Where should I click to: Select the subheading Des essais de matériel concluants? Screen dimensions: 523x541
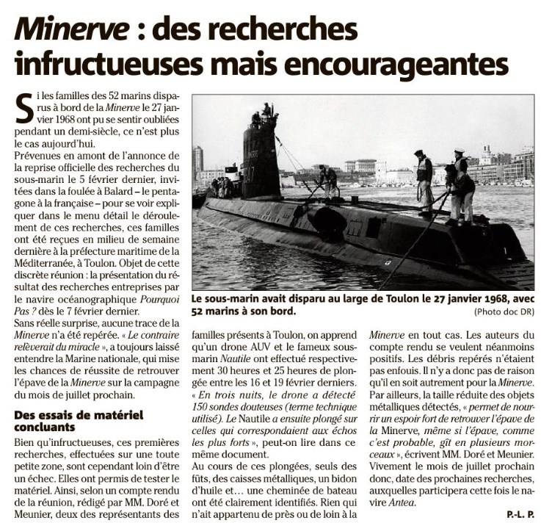[x=69, y=421]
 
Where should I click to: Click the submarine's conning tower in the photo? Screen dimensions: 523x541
[x=261, y=154]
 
